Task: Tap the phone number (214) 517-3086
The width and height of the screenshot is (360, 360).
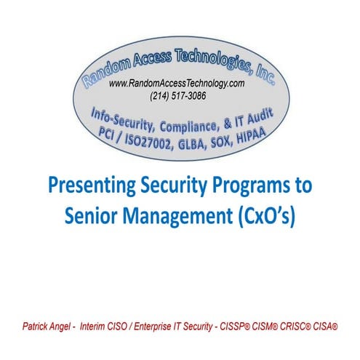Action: (x=177, y=95)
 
